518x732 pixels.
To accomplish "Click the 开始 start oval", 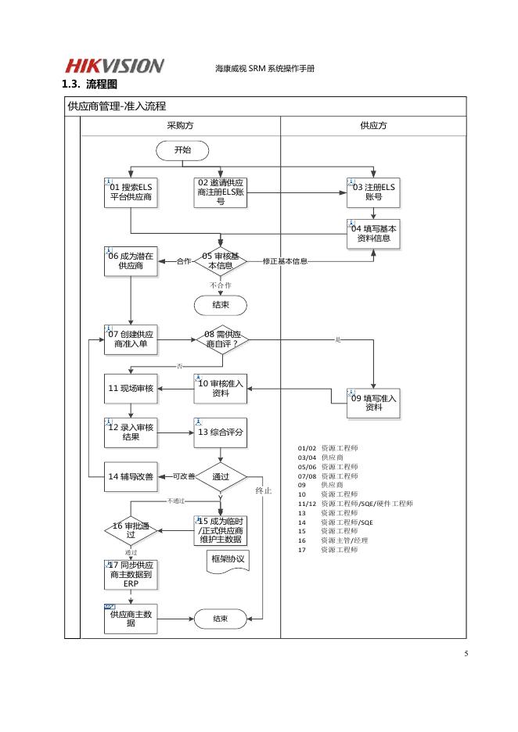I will pos(182,149).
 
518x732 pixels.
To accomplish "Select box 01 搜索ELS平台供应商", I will pos(131,192).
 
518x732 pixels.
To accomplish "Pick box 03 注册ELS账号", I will pos(373,192).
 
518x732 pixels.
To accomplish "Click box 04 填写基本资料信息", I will pos(373,234).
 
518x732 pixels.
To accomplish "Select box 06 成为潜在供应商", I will pos(131,260).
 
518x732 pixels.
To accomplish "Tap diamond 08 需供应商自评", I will pos(221,339).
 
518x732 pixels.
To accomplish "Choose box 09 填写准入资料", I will pos(373,402).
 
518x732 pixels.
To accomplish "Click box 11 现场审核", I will pos(131,388).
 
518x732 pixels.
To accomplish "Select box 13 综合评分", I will pos(220,432).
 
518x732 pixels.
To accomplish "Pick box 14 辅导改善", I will pos(131,476).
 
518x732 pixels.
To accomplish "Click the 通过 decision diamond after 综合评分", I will pos(221,476).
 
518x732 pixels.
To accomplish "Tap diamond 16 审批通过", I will pos(131,530).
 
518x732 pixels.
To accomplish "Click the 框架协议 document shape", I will pos(228,560).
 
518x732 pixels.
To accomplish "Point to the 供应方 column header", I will pos(373,125).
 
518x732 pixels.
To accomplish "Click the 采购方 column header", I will pos(181,125).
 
